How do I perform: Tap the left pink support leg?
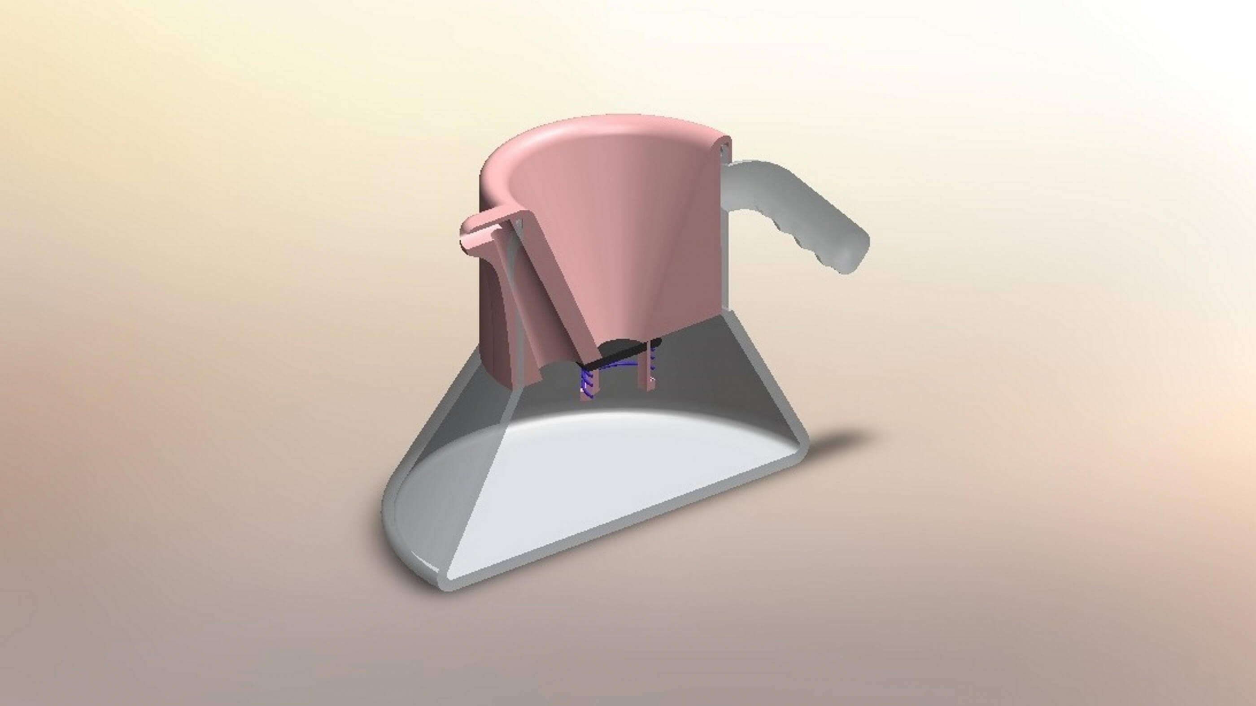585,390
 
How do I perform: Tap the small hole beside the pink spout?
518,224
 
